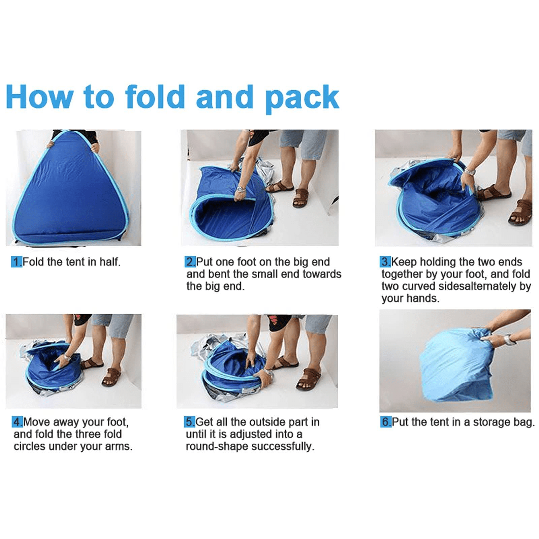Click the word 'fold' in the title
155,97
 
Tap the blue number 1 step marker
17,262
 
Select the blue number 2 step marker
190,262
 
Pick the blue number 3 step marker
385,262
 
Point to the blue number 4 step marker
18,422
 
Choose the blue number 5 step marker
190,422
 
